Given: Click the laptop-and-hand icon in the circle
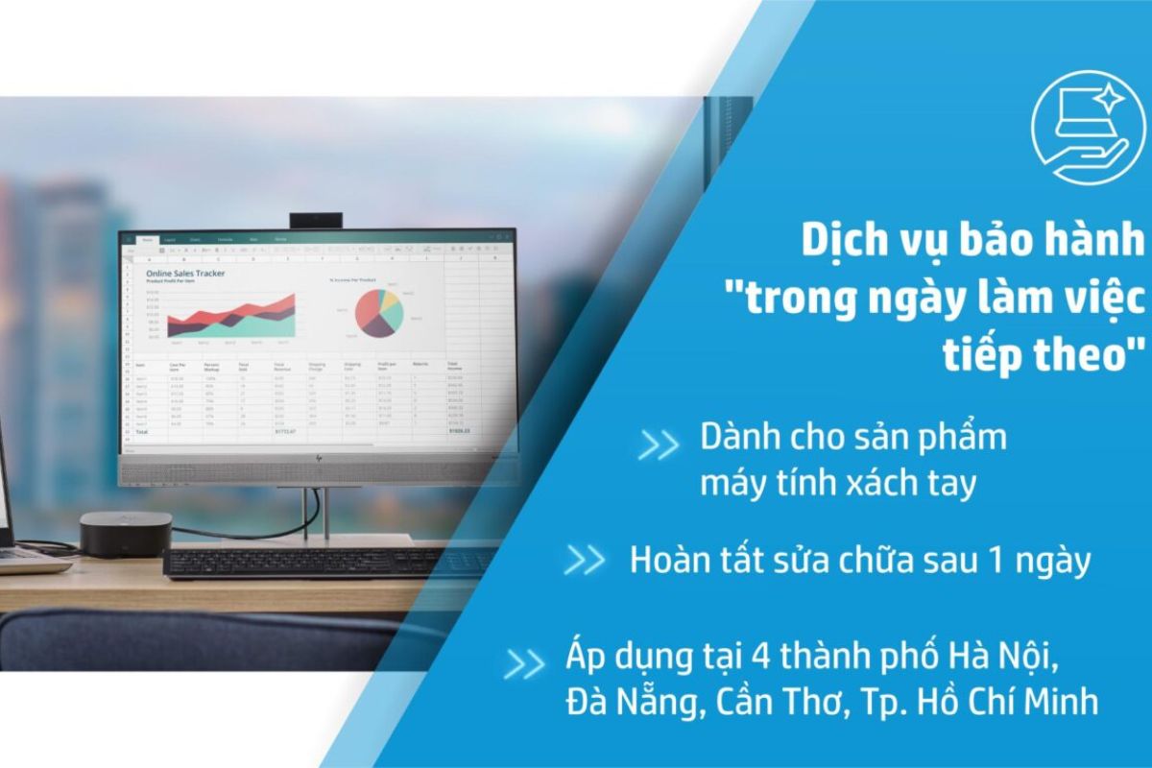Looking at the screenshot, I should click(1088, 128).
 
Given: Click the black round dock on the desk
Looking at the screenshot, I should click(126, 533).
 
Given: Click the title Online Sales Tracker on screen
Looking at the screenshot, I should click(185, 274).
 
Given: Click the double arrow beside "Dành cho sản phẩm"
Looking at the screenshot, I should click(659, 445).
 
